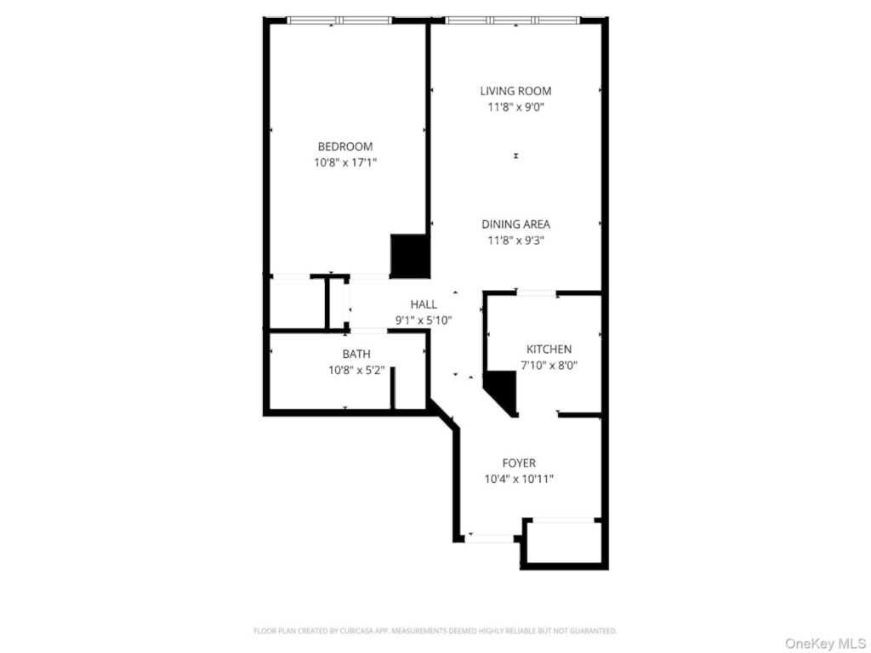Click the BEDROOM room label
point(344,146)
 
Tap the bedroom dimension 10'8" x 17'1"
point(344,162)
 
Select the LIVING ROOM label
point(515,91)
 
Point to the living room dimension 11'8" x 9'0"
point(515,107)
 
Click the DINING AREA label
point(515,224)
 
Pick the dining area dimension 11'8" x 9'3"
point(515,240)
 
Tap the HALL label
point(424,304)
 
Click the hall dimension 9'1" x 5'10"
point(424,320)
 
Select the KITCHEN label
point(549,349)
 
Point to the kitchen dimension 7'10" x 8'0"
point(549,365)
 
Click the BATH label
point(356,354)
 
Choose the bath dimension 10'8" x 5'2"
point(356,370)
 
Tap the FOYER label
point(519,463)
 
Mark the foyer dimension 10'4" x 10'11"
point(519,479)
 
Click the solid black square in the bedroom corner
point(408,255)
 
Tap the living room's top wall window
point(513,20)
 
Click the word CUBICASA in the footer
point(346,631)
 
